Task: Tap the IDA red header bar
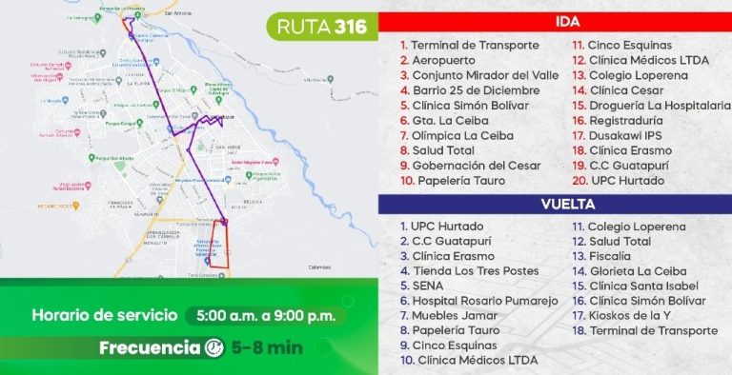[x=555, y=21]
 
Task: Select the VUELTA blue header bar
[x=555, y=204]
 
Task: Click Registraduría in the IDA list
[x=631, y=121]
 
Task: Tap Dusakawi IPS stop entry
[x=628, y=136]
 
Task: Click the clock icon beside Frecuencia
[x=215, y=347]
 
